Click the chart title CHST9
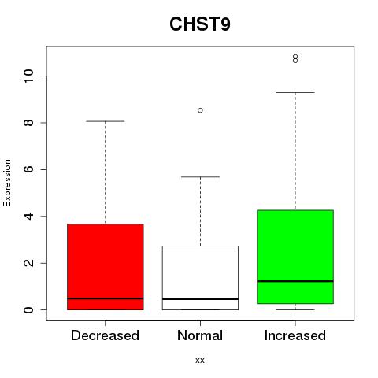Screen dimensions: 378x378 (x=200, y=24)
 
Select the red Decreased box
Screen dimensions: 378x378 (x=106, y=267)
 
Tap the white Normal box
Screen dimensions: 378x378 (x=200, y=278)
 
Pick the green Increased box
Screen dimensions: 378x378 (x=295, y=257)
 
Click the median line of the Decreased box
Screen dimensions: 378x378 (x=106, y=298)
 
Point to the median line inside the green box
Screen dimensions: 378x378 (x=295, y=281)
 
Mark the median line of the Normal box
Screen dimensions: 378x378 (x=200, y=299)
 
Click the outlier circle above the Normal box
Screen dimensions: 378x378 (x=200, y=110)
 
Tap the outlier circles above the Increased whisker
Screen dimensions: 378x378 (x=295, y=58)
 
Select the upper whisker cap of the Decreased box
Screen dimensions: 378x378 (x=106, y=121)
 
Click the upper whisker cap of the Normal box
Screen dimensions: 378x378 (x=200, y=177)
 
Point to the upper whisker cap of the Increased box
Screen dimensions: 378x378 (x=295, y=92)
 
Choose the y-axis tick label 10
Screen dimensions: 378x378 (x=29, y=76)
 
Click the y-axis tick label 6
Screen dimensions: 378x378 (x=29, y=169)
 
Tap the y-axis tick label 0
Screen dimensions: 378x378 (x=29, y=310)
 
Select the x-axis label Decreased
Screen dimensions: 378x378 (x=105, y=335)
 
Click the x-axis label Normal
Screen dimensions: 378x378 (x=200, y=335)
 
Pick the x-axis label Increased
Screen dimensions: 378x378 (x=295, y=335)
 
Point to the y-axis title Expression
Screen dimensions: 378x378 (x=7, y=183)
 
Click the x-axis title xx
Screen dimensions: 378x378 (x=200, y=361)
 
